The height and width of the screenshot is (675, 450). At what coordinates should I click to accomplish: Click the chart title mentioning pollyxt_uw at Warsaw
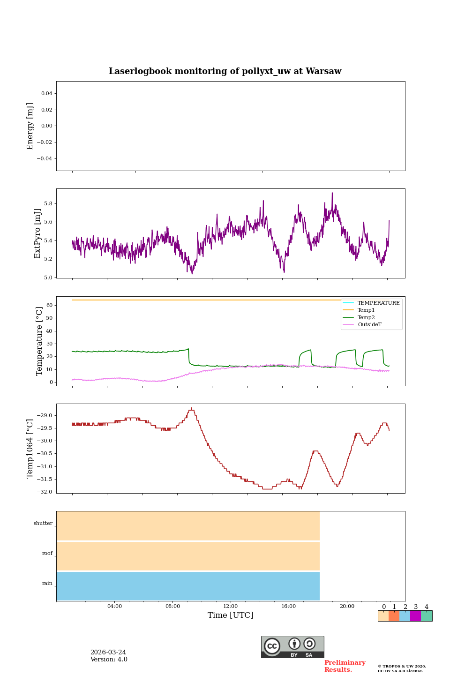[225, 71]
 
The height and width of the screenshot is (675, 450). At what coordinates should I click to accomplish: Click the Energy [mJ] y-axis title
[30, 126]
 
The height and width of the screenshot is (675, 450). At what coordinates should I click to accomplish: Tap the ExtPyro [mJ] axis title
[37, 233]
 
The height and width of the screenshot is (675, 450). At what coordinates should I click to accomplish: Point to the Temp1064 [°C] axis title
[30, 449]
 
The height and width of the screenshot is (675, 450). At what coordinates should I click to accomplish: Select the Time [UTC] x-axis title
[231, 615]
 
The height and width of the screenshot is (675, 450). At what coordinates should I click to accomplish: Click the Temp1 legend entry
[366, 310]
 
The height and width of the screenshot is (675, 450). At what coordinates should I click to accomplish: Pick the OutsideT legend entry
[369, 324]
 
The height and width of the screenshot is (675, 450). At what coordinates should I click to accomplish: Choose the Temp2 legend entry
[366, 317]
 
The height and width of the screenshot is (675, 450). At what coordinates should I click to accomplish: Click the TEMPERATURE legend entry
[378, 303]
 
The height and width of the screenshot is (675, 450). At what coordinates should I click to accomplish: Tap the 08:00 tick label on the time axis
[172, 607]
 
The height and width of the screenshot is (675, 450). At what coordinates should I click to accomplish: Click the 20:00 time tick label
[347, 607]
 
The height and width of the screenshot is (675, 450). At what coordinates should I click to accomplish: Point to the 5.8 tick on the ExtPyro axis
[48, 204]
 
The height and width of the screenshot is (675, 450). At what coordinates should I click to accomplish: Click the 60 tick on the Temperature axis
[49, 306]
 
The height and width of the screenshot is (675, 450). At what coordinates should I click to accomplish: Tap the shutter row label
[43, 524]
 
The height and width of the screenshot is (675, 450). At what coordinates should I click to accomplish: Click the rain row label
[47, 584]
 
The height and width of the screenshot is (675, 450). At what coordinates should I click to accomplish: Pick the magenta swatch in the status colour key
[415, 616]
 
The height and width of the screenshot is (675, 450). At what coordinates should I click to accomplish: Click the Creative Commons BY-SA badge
[292, 647]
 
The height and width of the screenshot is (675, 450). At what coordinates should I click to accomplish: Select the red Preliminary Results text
[345, 666]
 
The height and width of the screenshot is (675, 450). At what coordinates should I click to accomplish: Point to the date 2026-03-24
[108, 652]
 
